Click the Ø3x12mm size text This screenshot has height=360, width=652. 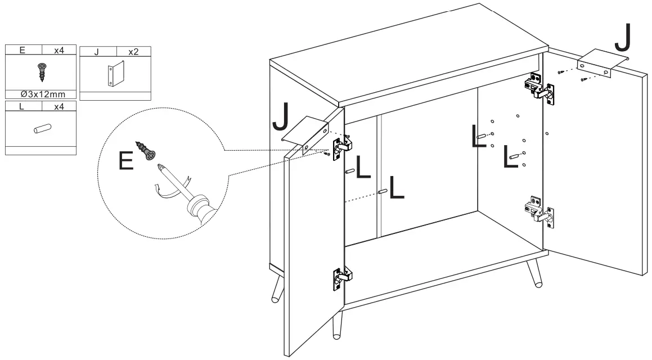pos(40,94)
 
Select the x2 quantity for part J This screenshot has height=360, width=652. pos(133,52)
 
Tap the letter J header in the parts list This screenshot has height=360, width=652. pos(97,52)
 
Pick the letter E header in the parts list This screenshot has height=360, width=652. pos(23,49)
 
